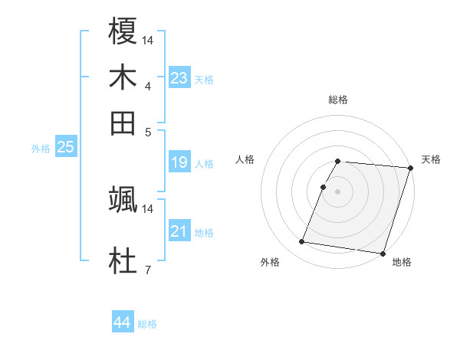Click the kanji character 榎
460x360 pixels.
pyautogui.click(x=123, y=31)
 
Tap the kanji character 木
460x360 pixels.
pyautogui.click(x=123, y=77)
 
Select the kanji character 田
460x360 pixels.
pyautogui.click(x=123, y=123)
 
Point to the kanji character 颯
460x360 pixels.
pyautogui.click(x=123, y=200)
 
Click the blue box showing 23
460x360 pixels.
pyautogui.click(x=179, y=78)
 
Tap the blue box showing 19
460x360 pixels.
pyautogui.click(x=179, y=162)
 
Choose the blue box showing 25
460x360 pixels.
pyautogui.click(x=65, y=147)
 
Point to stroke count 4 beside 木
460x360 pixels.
pyautogui.click(x=148, y=87)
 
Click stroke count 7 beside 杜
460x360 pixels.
pyautogui.click(x=148, y=270)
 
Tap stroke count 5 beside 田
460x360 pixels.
pyautogui.click(x=148, y=132)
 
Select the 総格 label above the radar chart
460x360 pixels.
pyautogui.click(x=338, y=100)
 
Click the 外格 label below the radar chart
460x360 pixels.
pyautogui.click(x=270, y=263)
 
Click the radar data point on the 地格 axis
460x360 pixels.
pyautogui.click(x=382, y=254)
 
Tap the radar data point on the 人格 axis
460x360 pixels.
pyautogui.click(x=324, y=187)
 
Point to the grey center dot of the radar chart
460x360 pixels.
pyautogui.click(x=338, y=191)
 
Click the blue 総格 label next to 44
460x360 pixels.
pyautogui.click(x=147, y=324)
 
